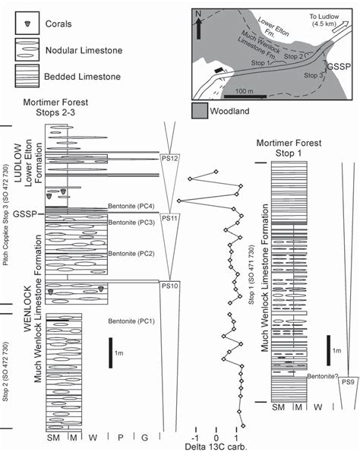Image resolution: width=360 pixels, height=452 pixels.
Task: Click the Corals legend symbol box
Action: [28, 24]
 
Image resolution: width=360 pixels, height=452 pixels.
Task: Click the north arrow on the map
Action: [198, 29]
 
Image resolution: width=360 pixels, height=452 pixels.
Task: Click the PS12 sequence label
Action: [169, 158]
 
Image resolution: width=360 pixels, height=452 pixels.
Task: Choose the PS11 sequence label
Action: [169, 219]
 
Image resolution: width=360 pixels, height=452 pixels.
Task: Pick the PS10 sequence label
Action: [169, 286]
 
